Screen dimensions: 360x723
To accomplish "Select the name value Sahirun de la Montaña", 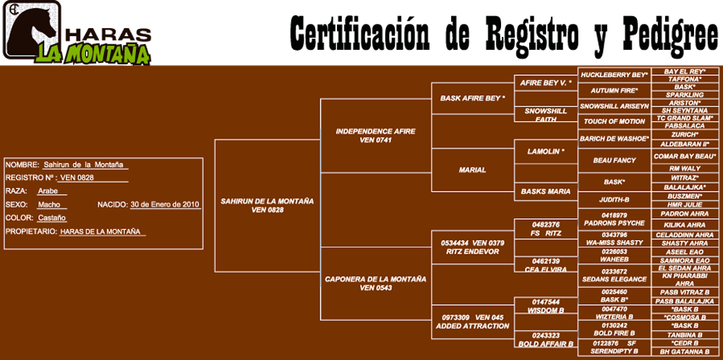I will pyautogui.click(x=83, y=165).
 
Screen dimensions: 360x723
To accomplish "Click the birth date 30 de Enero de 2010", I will pyautogui.click(x=165, y=205).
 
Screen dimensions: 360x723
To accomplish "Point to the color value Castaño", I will pyautogui.click(x=52, y=218).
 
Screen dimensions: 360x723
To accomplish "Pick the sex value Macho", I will pyautogui.click(x=49, y=205).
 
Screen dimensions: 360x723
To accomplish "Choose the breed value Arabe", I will pyautogui.click(x=48, y=192).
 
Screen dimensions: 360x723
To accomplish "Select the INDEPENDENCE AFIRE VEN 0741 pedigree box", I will pyautogui.click(x=375, y=135).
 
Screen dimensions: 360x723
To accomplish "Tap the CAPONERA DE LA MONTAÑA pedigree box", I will pyautogui.click(x=375, y=283).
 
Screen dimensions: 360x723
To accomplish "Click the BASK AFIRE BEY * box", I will pyautogui.click(x=472, y=98).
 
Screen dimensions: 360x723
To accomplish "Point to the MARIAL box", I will pyautogui.click(x=472, y=170).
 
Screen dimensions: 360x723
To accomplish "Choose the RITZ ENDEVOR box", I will pyautogui.click(x=472, y=247).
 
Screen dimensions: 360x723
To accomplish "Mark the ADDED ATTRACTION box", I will pyautogui.click(x=472, y=322).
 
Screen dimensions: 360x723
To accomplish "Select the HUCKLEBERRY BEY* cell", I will pyautogui.click(x=614, y=74).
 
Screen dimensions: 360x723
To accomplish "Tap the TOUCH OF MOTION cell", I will pyautogui.click(x=614, y=121).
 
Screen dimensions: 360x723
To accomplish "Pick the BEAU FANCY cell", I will pyautogui.click(x=614, y=160).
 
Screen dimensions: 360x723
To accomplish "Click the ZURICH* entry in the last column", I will pyautogui.click(x=685, y=134).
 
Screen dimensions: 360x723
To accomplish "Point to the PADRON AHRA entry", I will pyautogui.click(x=685, y=214).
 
